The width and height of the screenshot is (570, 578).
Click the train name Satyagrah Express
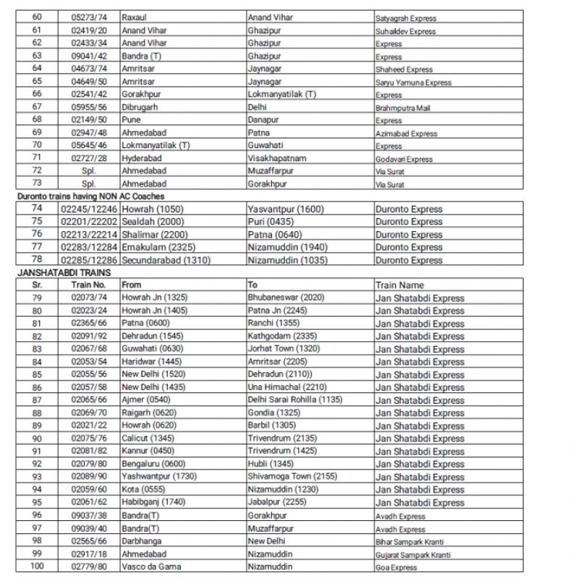click(x=406, y=19)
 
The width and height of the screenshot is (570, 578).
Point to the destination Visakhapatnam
click(x=277, y=158)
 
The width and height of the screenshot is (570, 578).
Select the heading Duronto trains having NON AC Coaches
click(x=90, y=197)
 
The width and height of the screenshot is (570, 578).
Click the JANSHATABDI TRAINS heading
click(x=63, y=273)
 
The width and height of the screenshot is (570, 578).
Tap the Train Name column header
click(x=399, y=285)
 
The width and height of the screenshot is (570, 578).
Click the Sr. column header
click(x=38, y=285)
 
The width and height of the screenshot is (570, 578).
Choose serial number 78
click(x=38, y=260)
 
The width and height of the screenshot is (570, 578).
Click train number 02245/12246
click(x=89, y=210)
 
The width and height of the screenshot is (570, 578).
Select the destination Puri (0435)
click(x=271, y=222)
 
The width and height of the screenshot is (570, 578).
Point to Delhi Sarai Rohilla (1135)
click(x=294, y=400)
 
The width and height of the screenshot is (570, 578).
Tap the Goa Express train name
click(x=396, y=568)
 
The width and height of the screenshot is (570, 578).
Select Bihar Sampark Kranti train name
click(x=409, y=542)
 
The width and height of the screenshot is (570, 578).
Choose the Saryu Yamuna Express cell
click(x=413, y=82)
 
